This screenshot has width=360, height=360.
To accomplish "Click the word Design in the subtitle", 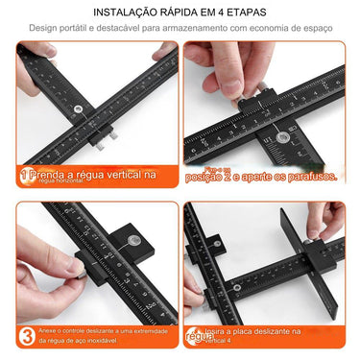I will (x=43, y=29).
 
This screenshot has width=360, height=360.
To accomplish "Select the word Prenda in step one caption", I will (x=52, y=176).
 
